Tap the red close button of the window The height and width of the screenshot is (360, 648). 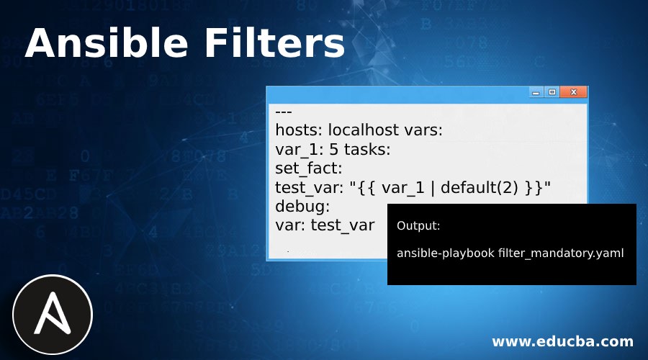[x=573, y=92]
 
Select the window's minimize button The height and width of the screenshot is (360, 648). [x=536, y=92]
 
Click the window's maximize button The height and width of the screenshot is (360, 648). [x=552, y=92]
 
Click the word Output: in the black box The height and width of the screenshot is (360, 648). [x=418, y=226]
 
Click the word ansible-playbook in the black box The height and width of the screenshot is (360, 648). [x=446, y=253]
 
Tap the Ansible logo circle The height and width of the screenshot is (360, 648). [x=53, y=314]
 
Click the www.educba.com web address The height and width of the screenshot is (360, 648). [x=562, y=341]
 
